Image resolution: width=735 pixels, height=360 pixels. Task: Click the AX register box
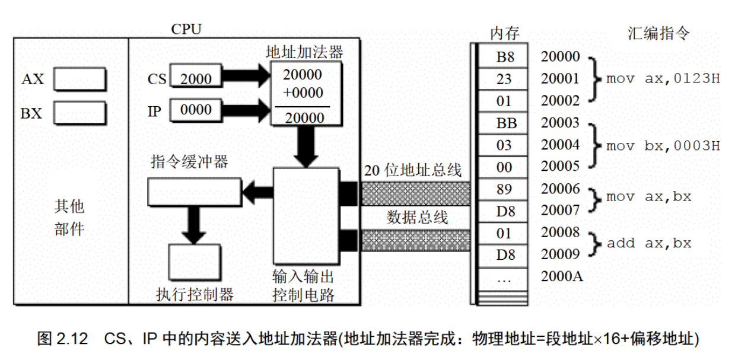point(80,79)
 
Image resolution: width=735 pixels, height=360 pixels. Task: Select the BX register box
point(80,112)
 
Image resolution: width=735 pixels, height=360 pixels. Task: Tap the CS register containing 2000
point(195,78)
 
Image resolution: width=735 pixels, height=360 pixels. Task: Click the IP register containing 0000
point(195,110)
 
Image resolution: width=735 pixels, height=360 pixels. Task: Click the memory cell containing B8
point(505,58)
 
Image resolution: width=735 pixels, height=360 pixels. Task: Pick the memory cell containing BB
point(505,123)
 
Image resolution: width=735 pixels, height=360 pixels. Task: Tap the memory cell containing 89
point(505,189)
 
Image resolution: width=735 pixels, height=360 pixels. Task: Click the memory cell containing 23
point(505,79)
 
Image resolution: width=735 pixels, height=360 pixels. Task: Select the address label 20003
point(560,123)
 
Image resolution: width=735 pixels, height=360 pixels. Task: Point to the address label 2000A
point(560,276)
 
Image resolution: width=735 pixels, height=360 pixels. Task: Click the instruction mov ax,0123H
point(663,79)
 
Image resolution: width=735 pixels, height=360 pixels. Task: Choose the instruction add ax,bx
point(649,244)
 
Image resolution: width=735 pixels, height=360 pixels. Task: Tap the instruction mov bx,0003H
point(663,146)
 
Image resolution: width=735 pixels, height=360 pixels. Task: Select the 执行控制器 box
point(194,261)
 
